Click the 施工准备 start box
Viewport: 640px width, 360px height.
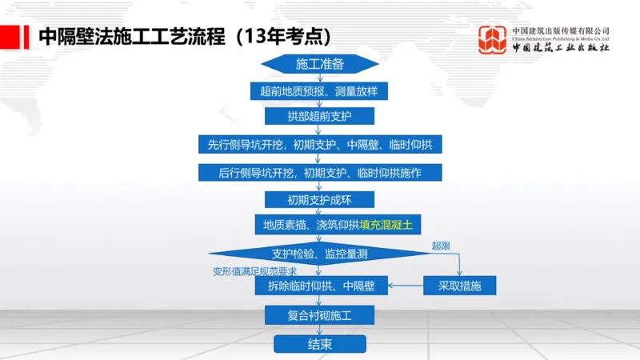(319, 64)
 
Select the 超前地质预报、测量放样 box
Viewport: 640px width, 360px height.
(319, 91)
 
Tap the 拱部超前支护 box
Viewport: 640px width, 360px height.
(319, 117)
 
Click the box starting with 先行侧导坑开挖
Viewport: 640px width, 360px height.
(319, 145)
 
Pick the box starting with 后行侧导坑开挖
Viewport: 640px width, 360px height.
(319, 173)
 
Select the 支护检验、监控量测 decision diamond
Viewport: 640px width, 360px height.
(319, 254)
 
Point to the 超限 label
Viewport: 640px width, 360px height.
(442, 245)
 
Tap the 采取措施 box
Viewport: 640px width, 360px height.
(459, 285)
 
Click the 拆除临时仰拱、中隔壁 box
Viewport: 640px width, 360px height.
(319, 285)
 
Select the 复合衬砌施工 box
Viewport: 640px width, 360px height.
(319, 315)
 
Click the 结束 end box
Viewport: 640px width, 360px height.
(319, 344)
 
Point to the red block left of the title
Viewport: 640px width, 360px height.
(10, 37)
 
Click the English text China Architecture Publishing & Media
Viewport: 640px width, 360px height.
(560, 38)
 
